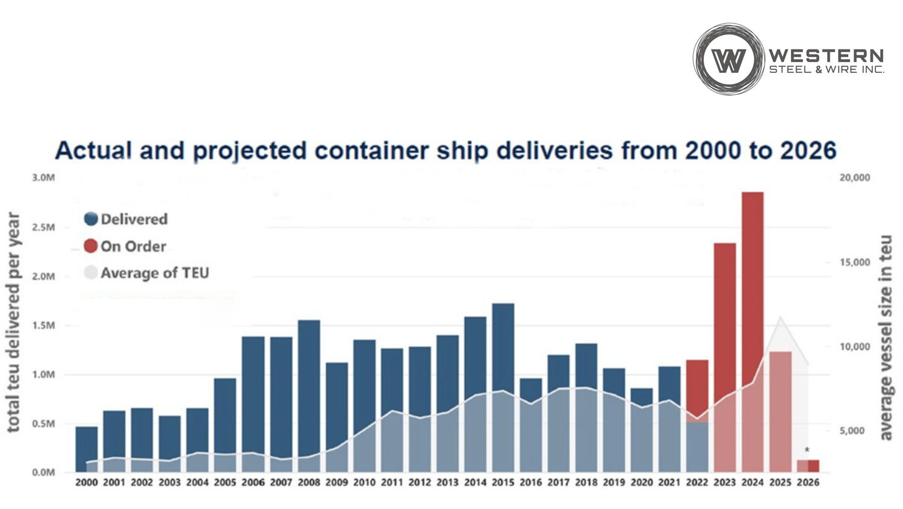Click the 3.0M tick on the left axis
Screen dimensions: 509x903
43,178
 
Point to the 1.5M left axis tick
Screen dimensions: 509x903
43,326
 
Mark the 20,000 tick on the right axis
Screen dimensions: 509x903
855,178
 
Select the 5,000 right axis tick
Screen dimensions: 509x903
852,431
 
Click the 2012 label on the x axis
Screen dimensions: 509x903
420,482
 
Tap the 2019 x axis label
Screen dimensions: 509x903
613,482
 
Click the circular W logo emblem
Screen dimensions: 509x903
728,60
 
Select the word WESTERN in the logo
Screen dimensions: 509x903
826,56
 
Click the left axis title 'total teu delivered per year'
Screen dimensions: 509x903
13,322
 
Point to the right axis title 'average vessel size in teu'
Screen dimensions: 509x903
886,337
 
